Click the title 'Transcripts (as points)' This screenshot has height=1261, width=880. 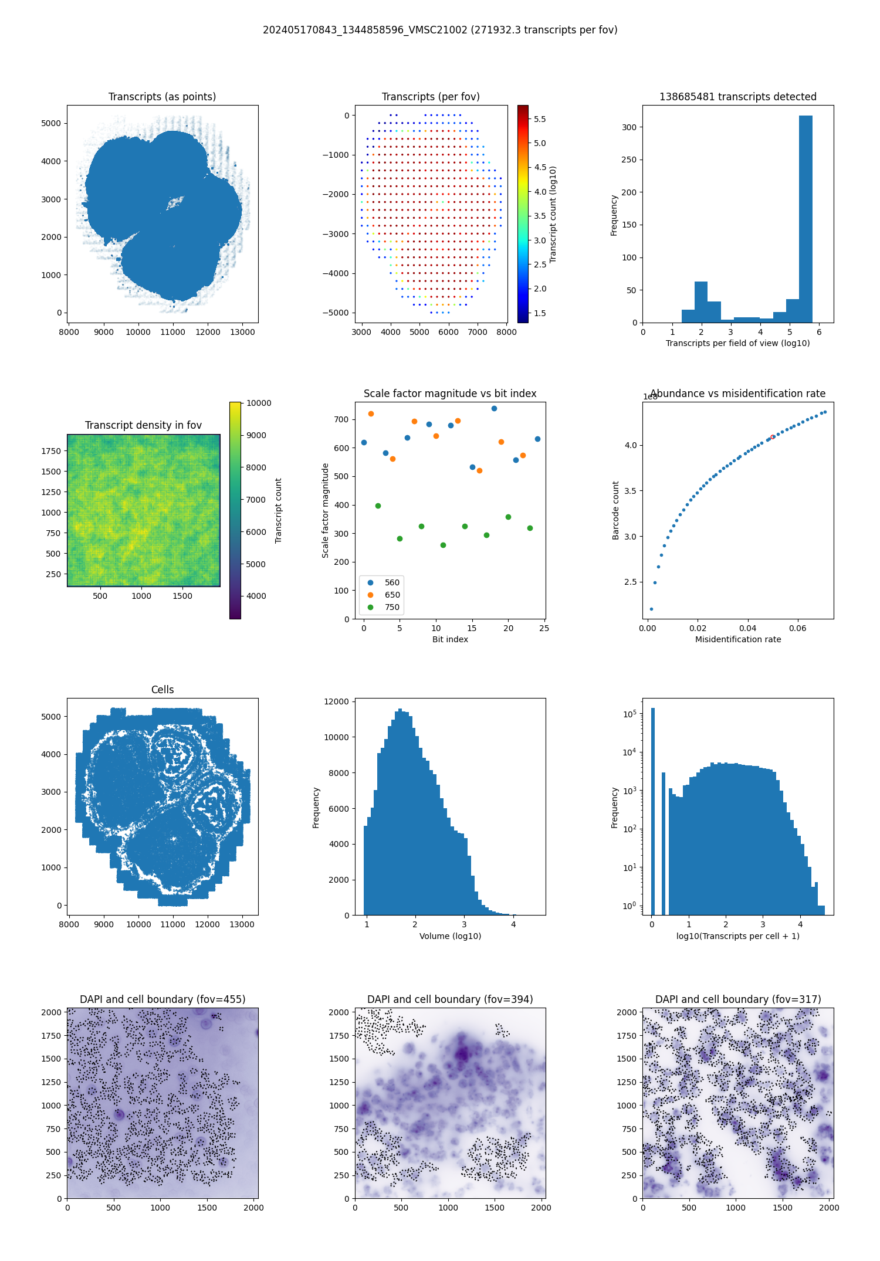coord(162,97)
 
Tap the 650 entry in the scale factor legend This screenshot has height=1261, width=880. coord(392,595)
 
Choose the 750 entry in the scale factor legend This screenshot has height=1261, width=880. coord(392,607)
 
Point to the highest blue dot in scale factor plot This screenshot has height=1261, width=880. coord(494,408)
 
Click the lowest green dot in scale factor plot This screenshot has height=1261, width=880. coord(443,545)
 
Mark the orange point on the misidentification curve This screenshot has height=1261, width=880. coord(772,437)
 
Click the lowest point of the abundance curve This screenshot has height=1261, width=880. coord(651,609)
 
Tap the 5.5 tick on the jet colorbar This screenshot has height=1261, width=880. coord(540,119)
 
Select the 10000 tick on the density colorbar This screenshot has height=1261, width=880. coord(259,403)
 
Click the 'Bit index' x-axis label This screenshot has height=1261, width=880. coord(450,639)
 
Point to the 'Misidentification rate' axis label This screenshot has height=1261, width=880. coord(738,639)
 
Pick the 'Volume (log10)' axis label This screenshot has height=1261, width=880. coord(450,936)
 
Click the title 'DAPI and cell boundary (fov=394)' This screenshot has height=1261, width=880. coord(450,999)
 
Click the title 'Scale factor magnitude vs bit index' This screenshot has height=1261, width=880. coord(450,394)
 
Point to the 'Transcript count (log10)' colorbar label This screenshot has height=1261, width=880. coord(553,214)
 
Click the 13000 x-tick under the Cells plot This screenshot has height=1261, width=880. coord(242,924)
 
